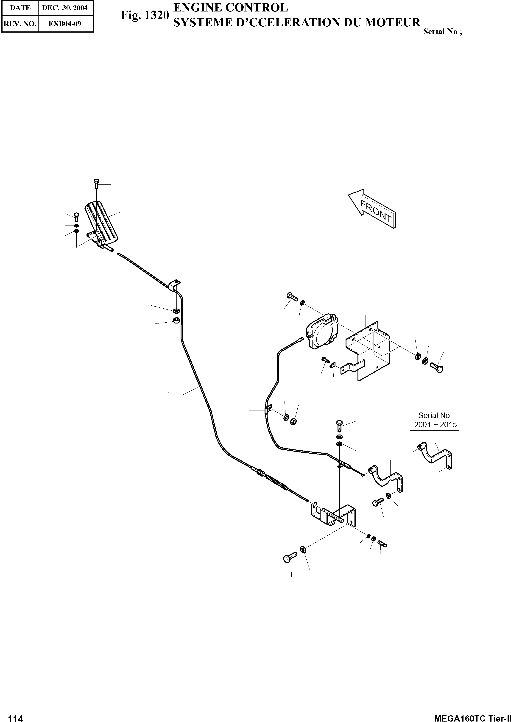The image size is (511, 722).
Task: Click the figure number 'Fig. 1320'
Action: [x=145, y=15]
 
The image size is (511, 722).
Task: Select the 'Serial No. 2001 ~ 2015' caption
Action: [x=435, y=420]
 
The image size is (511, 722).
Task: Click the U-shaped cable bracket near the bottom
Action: [x=334, y=516]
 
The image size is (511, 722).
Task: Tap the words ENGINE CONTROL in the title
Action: [x=231, y=8]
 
